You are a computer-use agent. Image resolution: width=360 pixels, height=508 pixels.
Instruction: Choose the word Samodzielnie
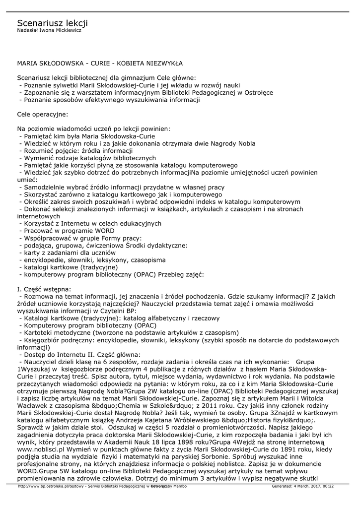pos(42,188)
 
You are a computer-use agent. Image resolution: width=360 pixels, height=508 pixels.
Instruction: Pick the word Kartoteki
pos(38,333)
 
